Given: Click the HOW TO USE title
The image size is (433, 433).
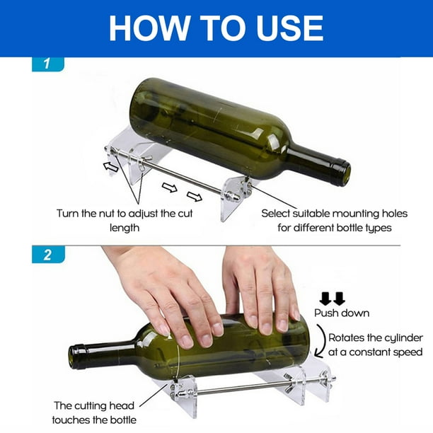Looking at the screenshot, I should coord(216,28).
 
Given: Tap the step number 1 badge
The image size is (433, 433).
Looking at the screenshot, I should coord(47,64).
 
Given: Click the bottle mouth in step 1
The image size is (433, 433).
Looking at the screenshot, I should coord(342,172).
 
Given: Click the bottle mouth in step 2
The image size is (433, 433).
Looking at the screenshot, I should coord(74,357).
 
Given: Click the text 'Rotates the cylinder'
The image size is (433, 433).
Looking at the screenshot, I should coord(377,337).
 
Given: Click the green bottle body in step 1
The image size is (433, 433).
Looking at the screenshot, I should coord(212,127).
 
